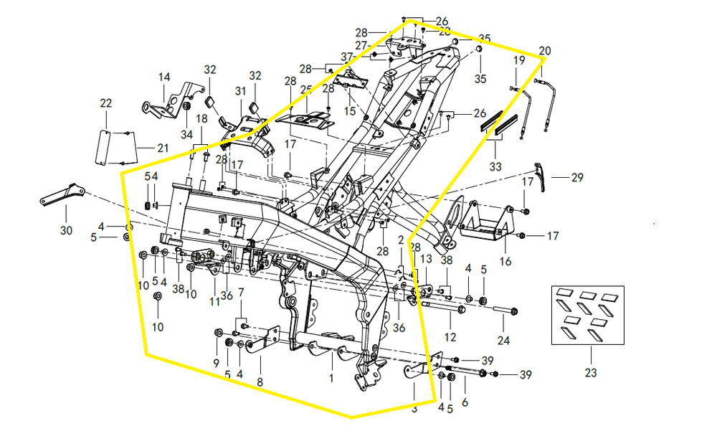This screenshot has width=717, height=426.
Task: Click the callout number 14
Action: click(x=164, y=77)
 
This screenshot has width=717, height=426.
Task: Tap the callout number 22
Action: click(x=106, y=104)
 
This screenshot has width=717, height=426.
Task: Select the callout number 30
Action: click(x=66, y=231)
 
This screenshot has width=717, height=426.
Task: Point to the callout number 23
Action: click(x=591, y=373)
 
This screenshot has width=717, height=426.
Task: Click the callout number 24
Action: click(x=504, y=341)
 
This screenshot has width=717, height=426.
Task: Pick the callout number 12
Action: click(x=450, y=336)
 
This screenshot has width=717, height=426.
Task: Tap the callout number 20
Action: click(x=545, y=52)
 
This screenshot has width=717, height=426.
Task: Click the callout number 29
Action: click(x=578, y=176)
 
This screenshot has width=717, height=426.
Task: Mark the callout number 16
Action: click(x=506, y=262)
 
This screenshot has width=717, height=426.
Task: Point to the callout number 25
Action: click(x=306, y=90)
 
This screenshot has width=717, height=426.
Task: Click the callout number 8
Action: click(x=260, y=382)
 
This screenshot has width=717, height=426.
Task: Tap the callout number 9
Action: click(x=216, y=364)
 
